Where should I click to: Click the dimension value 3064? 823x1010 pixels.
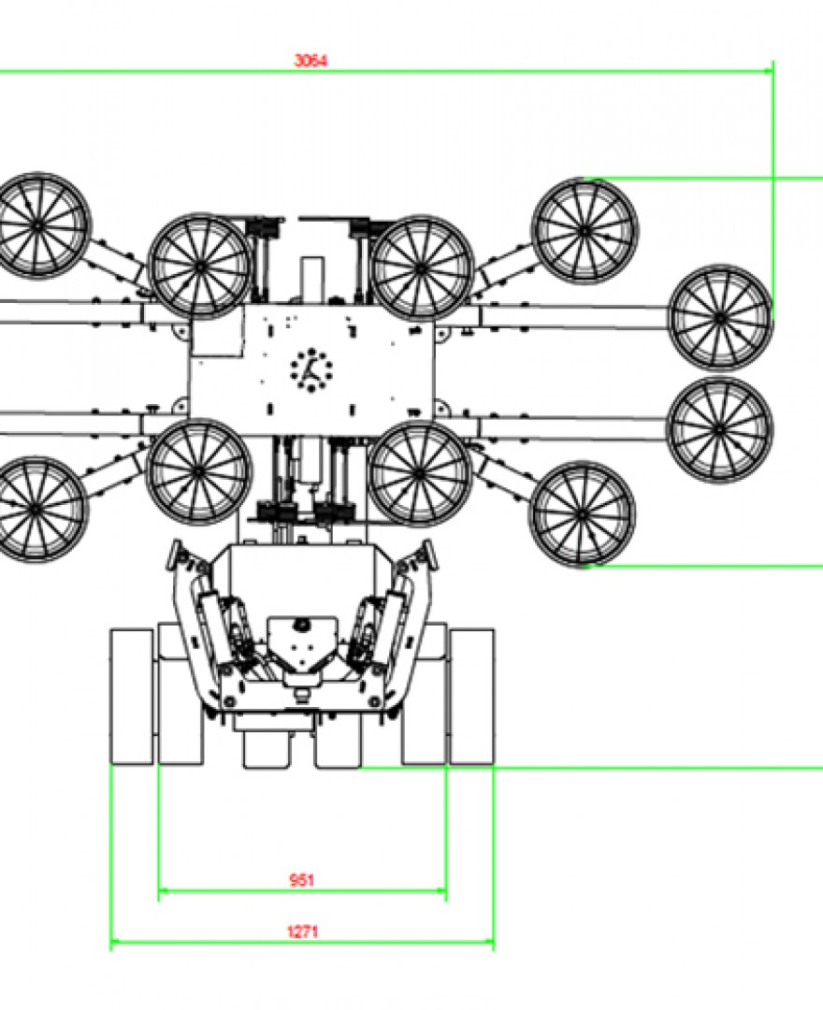tap(310, 61)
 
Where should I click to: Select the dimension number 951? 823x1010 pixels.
tap(301, 880)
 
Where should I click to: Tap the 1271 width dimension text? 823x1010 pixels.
tap(301, 931)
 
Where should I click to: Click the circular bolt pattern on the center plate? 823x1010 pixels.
tap(310, 367)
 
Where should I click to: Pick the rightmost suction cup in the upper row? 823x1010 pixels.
tap(720, 318)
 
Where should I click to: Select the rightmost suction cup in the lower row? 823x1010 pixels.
tap(719, 429)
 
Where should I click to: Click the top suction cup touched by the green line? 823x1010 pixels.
tap(585, 230)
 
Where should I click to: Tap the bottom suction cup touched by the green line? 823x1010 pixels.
tap(582, 513)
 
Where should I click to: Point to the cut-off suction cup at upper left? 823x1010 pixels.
tap(37, 225)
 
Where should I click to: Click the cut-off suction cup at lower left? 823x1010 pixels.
tap(36, 509)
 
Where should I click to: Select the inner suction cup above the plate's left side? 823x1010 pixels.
tap(200, 267)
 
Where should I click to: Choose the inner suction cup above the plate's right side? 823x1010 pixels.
tap(423, 267)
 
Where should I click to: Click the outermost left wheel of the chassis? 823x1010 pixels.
tap(132, 697)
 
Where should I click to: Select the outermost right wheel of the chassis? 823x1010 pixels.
tap(472, 697)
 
